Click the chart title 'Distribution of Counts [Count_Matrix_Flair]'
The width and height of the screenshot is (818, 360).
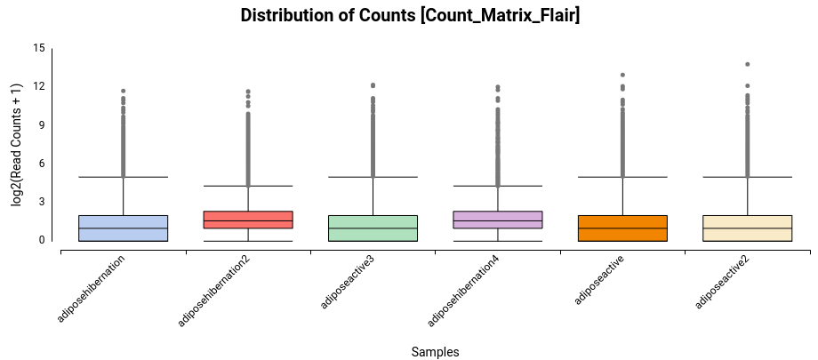(410, 15)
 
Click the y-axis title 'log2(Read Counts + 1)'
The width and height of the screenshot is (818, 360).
(16, 145)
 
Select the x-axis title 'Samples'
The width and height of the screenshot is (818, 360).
(435, 352)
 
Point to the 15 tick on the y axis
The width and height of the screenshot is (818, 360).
(38, 48)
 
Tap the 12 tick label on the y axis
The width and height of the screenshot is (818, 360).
(38, 87)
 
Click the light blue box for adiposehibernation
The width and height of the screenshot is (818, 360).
(124, 228)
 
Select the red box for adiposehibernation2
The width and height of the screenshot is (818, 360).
(248, 220)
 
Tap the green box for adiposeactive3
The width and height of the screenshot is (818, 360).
(373, 228)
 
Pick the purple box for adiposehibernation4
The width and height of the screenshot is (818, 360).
(498, 220)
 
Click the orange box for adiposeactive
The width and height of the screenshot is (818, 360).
(622, 228)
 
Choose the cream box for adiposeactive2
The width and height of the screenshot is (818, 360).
(747, 228)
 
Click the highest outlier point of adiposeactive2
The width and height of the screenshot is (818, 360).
(747, 64)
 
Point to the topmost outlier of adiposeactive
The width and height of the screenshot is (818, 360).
(622, 76)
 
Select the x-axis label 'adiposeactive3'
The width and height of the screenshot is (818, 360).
(349, 282)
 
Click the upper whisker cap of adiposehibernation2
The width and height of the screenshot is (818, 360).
(248, 186)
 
